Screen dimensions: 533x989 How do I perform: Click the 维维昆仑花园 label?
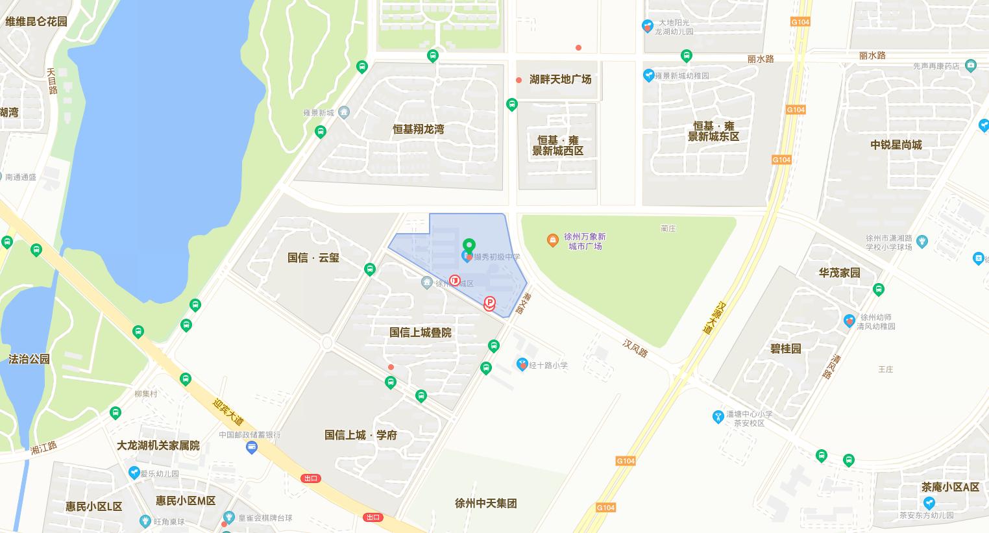[x=36, y=21]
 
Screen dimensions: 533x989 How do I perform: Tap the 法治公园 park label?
[x=29, y=359]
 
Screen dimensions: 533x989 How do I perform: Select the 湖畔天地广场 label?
[x=560, y=79]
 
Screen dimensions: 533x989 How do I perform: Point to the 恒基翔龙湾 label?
[x=418, y=129]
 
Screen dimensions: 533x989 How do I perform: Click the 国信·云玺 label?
[x=313, y=258]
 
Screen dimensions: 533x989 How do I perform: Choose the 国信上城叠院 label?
[x=420, y=332]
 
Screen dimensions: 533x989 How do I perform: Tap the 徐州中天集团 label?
[x=486, y=503]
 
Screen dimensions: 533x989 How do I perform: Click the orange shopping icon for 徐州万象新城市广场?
[x=552, y=241]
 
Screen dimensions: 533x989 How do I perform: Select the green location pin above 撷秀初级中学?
[x=469, y=246]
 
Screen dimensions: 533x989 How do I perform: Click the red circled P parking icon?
[x=490, y=303]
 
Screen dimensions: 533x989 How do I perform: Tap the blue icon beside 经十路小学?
[x=522, y=365]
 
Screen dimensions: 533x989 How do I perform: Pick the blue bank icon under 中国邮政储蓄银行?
[x=252, y=447]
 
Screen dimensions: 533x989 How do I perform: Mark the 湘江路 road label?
[x=43, y=447]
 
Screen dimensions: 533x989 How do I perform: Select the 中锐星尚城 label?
[x=896, y=145]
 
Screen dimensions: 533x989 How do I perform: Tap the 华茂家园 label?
[x=839, y=273]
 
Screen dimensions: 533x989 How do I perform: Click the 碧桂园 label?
[x=785, y=349]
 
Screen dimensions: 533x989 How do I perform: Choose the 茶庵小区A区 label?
[x=950, y=487]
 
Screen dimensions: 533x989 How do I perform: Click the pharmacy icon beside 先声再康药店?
[x=971, y=66]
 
